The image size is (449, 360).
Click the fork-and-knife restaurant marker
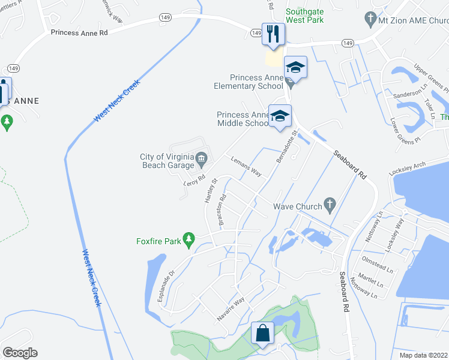(x=274, y=34)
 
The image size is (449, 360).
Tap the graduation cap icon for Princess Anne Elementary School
(x=295, y=67)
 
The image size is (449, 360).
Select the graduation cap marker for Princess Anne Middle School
(x=279, y=116)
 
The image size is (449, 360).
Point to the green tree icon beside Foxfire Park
(x=188, y=241)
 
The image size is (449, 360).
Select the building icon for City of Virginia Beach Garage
(x=201, y=159)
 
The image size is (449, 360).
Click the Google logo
(x=20, y=353)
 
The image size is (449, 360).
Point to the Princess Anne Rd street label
(x=79, y=33)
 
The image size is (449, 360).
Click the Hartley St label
(x=210, y=190)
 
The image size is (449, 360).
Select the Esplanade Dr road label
(x=166, y=284)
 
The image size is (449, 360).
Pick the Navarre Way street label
(x=232, y=310)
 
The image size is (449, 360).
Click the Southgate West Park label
(x=304, y=16)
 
